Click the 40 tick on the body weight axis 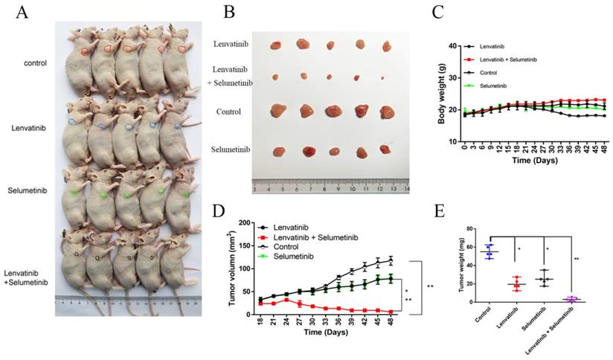454,46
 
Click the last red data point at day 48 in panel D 411,312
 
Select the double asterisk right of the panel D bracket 431,286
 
